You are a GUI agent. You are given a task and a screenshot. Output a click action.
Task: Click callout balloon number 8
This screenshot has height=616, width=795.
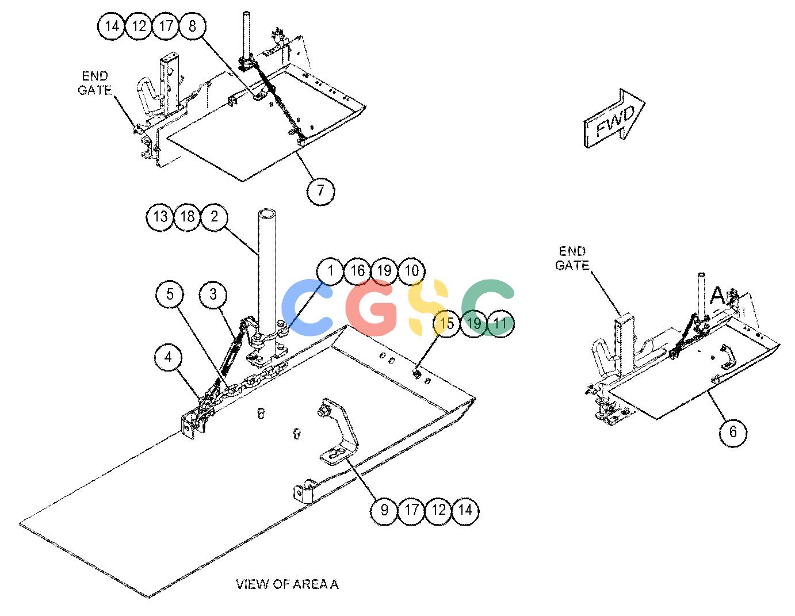pos(192,26)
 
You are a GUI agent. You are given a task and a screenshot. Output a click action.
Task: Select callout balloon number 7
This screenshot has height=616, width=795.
pos(320,190)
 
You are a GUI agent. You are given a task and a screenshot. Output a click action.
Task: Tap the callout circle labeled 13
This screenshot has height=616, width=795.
pos(160,217)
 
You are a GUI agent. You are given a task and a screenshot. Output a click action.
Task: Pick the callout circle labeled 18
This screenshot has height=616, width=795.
pos(188,217)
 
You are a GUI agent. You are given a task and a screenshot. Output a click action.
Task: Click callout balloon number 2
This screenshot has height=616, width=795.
pos(215,217)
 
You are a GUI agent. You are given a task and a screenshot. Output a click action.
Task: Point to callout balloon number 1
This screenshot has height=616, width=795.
pos(330,271)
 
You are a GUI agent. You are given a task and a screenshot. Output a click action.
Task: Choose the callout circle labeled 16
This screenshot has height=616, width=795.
pos(357,271)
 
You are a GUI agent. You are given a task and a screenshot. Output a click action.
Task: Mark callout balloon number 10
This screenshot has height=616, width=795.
pos(411,271)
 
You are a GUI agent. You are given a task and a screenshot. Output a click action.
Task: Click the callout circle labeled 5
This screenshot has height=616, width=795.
pos(170,294)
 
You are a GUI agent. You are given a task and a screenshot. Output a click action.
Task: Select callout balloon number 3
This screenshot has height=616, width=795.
pos(213,294)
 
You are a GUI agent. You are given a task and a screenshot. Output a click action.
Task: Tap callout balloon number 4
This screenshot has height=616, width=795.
pos(169,357)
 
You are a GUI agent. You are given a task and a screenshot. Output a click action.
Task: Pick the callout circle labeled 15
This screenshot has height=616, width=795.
pos(446,323)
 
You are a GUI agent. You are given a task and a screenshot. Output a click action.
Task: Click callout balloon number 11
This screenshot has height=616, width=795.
pos(500,323)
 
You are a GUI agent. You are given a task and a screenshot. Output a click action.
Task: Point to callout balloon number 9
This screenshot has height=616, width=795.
pos(384,510)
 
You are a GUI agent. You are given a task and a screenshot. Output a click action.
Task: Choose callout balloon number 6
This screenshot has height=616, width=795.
pos(733,433)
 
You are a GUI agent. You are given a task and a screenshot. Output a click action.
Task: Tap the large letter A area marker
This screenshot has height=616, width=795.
pos(718,296)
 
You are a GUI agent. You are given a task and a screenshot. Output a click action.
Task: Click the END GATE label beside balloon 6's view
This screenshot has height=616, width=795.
pos(572,258)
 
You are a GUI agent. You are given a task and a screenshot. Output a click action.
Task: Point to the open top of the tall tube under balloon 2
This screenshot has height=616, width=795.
pos(267,213)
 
